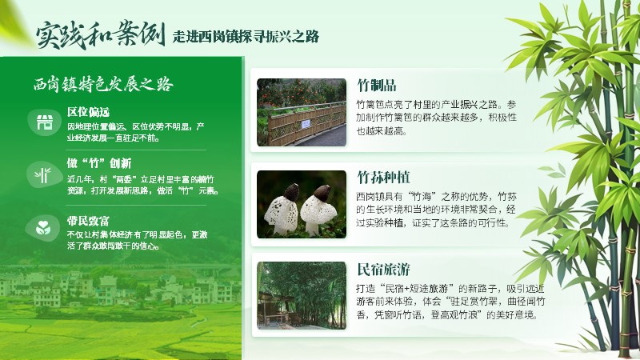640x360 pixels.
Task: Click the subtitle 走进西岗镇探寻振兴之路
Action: (x=246, y=36)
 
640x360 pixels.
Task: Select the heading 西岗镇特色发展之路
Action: (x=103, y=84)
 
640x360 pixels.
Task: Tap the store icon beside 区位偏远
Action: (x=45, y=122)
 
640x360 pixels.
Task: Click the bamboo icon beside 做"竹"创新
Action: (x=43, y=175)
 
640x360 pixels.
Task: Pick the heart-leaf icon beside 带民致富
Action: (x=43, y=228)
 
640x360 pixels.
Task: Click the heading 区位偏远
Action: (x=88, y=112)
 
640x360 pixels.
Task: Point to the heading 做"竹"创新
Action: (x=98, y=163)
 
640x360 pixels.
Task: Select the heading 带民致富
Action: (x=88, y=221)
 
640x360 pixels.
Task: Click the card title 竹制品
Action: (x=377, y=86)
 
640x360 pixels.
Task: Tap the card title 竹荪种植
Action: (x=383, y=178)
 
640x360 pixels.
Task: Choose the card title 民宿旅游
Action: (x=383, y=270)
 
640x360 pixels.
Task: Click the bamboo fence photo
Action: (x=302, y=112)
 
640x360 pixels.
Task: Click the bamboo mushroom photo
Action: (x=302, y=204)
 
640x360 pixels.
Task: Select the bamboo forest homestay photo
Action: (x=302, y=295)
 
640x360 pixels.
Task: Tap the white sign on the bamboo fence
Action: (x=306, y=125)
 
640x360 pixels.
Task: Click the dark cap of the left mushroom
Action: (x=291, y=192)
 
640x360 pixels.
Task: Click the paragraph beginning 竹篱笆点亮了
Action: (x=436, y=118)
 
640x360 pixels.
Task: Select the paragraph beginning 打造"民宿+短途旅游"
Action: (x=450, y=302)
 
